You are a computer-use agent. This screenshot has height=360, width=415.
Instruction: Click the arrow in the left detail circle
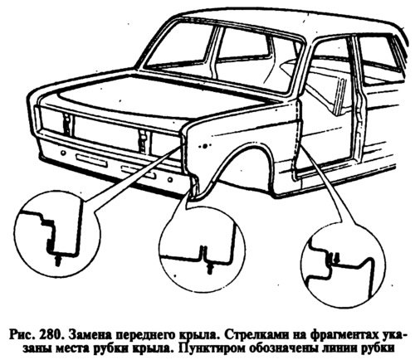coord(58,260)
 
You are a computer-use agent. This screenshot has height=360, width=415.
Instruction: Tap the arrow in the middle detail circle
coord(211,269)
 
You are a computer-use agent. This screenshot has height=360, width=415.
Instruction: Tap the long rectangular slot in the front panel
coord(91,160)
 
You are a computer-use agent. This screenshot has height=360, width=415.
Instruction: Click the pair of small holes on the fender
coord(204,145)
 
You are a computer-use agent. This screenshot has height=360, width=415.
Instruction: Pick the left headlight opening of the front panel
coord(52,120)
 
